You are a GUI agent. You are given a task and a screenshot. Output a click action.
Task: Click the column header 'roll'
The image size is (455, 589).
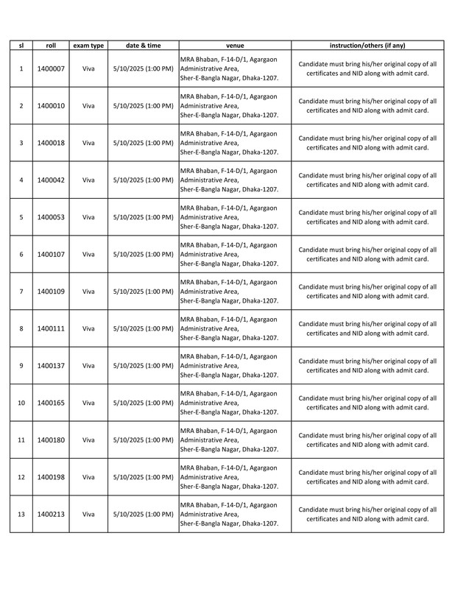[51, 46]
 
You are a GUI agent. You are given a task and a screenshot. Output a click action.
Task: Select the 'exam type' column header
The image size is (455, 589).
[88, 46]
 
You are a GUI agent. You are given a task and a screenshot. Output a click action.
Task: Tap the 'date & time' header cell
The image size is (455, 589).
[144, 46]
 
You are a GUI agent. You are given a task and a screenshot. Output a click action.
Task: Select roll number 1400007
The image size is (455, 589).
[51, 68]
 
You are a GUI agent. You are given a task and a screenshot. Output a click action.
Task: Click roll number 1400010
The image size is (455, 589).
[51, 105]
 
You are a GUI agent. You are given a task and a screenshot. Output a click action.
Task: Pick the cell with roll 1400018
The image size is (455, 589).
[51, 143]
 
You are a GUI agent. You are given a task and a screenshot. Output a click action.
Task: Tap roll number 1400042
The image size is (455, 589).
[51, 180]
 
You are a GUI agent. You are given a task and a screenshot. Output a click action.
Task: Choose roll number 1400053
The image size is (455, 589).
[51, 217]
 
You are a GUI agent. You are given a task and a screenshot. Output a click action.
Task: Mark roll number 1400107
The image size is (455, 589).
[51, 254]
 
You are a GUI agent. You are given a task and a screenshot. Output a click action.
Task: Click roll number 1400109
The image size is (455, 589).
[51, 292]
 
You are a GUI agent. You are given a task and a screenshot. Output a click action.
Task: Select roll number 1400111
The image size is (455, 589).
[51, 328]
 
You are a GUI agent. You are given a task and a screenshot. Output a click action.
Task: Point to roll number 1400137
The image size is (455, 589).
[51, 366]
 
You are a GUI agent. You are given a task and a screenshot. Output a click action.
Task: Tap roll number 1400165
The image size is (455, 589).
[51, 403]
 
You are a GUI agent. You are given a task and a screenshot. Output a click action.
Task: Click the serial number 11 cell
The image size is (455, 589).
[21, 440]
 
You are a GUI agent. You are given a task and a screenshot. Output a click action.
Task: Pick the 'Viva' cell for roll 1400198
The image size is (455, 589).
[88, 477]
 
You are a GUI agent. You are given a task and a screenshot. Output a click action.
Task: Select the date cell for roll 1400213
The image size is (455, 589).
[144, 514]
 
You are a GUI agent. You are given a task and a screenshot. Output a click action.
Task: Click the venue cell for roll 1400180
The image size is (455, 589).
[234, 440]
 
